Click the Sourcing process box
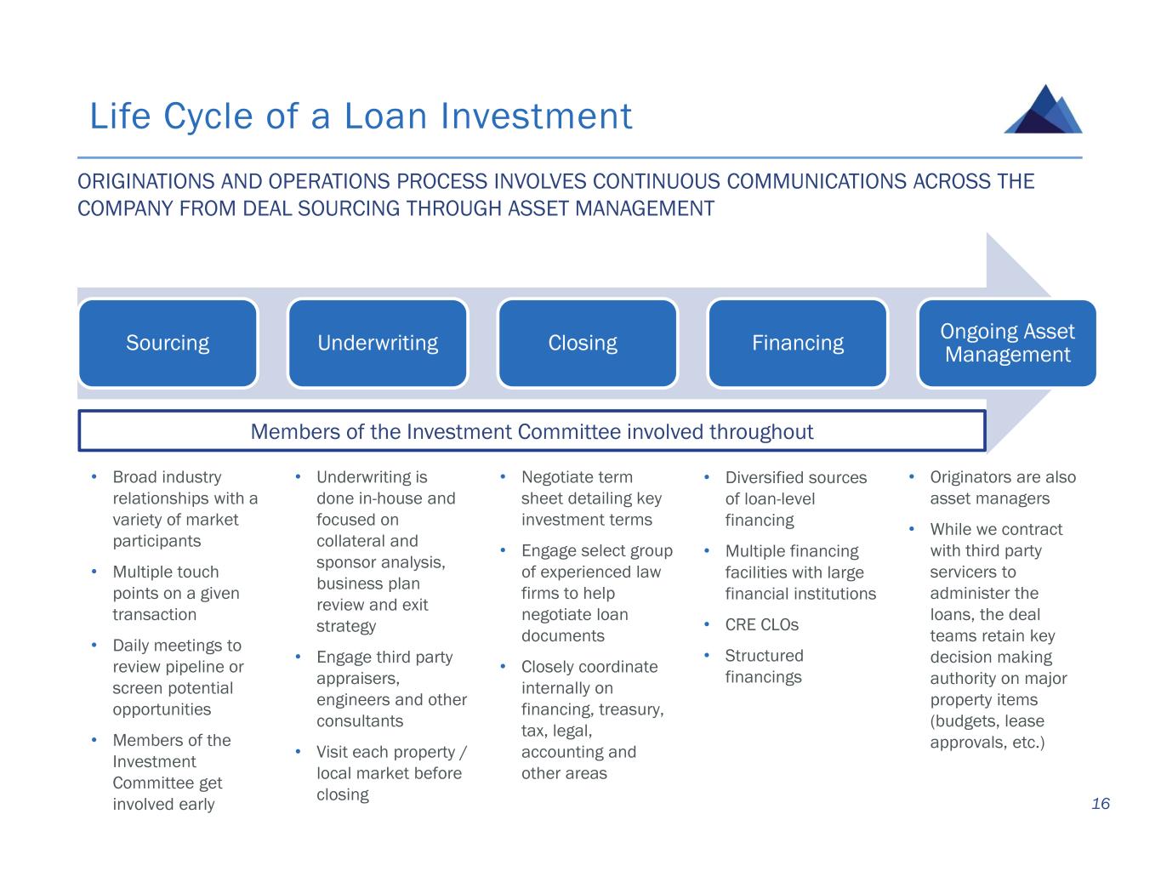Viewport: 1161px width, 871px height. click(168, 343)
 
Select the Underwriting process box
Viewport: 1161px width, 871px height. click(378, 343)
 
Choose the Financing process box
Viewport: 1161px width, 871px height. click(797, 343)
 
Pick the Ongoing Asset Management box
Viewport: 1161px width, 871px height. click(1007, 343)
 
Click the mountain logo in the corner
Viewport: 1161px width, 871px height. click(1044, 110)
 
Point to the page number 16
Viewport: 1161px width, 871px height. click(1101, 804)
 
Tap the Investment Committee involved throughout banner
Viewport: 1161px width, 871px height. click(532, 431)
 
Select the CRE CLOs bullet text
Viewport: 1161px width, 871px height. click(761, 625)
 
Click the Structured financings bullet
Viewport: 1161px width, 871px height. click(763, 666)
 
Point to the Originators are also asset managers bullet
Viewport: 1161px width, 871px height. click(1002, 488)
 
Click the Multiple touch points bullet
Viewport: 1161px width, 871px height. click(176, 593)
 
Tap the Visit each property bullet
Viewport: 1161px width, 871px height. click(390, 773)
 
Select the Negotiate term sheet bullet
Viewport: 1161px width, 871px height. click(590, 498)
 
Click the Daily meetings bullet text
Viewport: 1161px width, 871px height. click(177, 677)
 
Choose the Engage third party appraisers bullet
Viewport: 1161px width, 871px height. click(390, 689)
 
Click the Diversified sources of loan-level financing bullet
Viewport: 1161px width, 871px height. click(794, 498)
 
